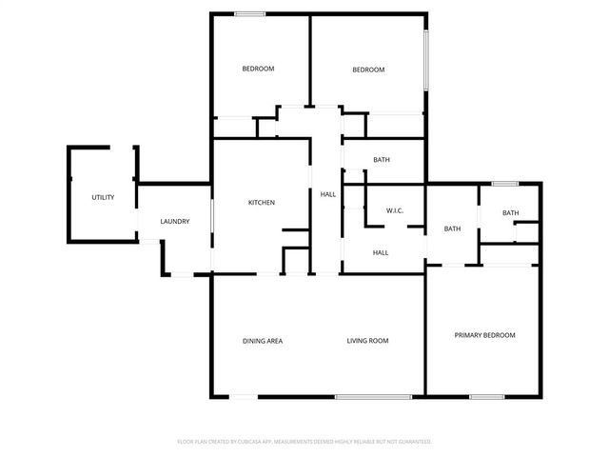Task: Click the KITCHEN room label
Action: pos(262,203)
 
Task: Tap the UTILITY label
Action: pos(103,197)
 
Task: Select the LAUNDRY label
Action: pos(174,222)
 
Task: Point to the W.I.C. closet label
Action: pos(396,209)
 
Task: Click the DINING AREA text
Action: pos(262,341)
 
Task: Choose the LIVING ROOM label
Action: pos(366,341)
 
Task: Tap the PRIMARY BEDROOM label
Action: pos(484,335)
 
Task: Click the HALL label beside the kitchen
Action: pos(327,194)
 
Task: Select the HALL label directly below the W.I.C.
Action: pos(381,252)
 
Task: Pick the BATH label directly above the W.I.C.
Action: pos(382,160)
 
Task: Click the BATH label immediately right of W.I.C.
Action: pos(452,228)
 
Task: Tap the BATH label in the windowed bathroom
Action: pos(510,213)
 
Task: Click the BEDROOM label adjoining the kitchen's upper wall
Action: pos(258,69)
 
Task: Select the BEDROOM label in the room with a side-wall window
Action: pos(368,70)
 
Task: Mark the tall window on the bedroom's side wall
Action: pos(426,60)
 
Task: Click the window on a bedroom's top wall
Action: pos(250,13)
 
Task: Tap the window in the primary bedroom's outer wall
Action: pos(486,396)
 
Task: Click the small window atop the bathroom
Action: pos(505,183)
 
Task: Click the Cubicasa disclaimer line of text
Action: pos(304,442)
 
